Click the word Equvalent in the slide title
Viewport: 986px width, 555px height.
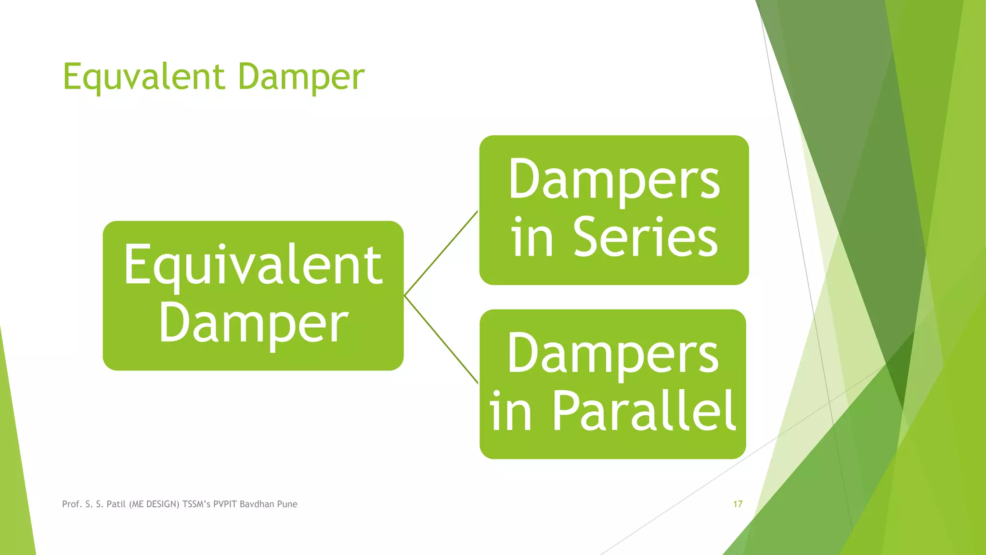143,77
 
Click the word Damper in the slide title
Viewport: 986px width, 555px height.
301,77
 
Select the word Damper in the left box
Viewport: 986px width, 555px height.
253,323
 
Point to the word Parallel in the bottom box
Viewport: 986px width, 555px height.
643,411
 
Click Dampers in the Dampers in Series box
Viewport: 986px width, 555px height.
614,180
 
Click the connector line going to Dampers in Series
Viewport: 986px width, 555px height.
441,253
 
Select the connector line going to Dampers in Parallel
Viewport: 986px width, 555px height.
441,339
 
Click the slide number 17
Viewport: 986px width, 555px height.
738,504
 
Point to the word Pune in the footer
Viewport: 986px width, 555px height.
287,504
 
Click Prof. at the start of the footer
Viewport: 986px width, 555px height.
72,504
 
